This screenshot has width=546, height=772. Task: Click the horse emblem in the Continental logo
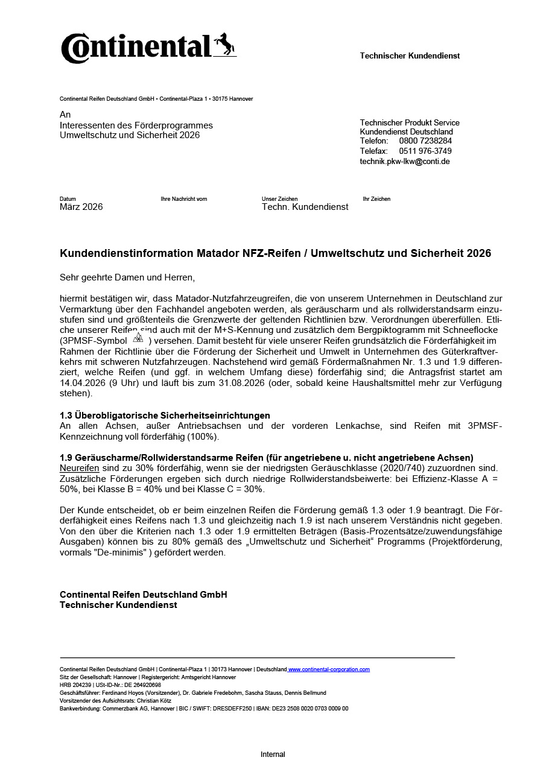(224, 45)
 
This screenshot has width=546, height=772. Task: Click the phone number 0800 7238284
(425, 141)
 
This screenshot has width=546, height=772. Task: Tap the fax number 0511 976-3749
(425, 151)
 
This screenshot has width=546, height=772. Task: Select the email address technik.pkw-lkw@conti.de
(405, 161)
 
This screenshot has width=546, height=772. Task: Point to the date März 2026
(81, 207)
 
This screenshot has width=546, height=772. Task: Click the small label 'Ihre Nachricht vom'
(183, 199)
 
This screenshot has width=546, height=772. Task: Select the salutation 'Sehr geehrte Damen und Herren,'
(127, 277)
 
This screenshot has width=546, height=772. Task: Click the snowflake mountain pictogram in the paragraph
(138, 337)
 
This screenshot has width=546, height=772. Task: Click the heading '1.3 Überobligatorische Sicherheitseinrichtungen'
(165, 416)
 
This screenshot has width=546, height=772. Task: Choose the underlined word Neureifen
(80, 467)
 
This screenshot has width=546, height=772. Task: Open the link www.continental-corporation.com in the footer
(329, 669)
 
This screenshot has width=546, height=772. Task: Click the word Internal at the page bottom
(273, 755)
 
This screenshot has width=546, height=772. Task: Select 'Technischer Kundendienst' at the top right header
(410, 56)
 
